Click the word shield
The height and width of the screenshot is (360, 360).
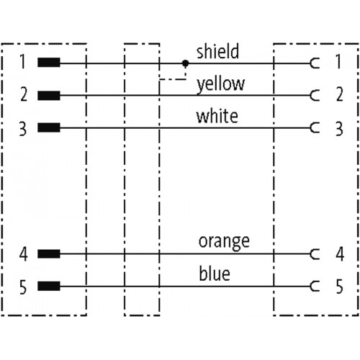point(217,51)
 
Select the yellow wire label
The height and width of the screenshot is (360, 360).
point(220,84)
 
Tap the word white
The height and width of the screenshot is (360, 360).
point(217,116)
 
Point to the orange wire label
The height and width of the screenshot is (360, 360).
point(224,242)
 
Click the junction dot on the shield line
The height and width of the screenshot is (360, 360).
point(185,63)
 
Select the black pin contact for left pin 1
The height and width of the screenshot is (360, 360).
point(49,63)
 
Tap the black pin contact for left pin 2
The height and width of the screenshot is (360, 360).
point(49,95)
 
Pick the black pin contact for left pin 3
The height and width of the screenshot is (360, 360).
point(49,127)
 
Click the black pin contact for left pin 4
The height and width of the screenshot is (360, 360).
point(49,253)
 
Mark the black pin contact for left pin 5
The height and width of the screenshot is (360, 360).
point(49,286)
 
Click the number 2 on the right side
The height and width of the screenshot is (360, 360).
point(339,94)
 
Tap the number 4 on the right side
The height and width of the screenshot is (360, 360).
point(340,254)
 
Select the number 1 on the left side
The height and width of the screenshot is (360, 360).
point(22,61)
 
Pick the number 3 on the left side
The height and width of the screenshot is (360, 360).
point(23,129)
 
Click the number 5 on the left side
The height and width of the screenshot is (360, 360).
point(23,287)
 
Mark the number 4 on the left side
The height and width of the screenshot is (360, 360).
point(24,254)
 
